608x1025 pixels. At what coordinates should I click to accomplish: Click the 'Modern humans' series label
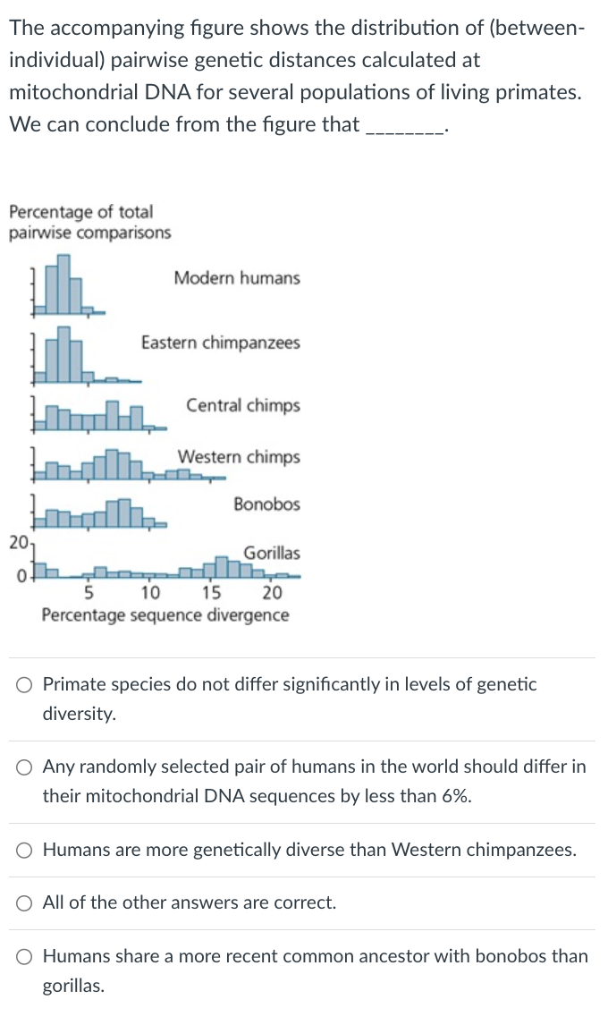(237, 278)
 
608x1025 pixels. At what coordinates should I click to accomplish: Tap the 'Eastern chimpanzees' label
(221, 343)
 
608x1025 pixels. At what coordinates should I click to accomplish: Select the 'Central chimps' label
(243, 406)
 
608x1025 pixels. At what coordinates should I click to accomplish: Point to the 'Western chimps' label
(239, 458)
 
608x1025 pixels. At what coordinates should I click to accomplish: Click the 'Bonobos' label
(266, 504)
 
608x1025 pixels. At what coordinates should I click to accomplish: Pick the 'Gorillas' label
(272, 554)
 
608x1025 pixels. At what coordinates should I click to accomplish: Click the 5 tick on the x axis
(89, 592)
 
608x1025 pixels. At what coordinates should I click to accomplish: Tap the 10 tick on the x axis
(149, 592)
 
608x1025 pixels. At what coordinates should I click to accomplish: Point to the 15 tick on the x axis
(211, 592)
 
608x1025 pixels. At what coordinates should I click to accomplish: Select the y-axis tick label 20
(17, 542)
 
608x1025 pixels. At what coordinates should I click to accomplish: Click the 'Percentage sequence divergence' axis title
(165, 615)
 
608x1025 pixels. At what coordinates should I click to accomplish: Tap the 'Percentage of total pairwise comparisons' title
(89, 223)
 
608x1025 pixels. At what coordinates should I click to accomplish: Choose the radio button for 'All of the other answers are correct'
(25, 903)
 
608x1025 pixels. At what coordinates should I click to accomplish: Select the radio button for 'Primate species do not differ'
(25, 686)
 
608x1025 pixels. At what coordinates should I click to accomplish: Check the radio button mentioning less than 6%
(25, 768)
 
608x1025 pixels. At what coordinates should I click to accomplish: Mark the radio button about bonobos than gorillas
(25, 957)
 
